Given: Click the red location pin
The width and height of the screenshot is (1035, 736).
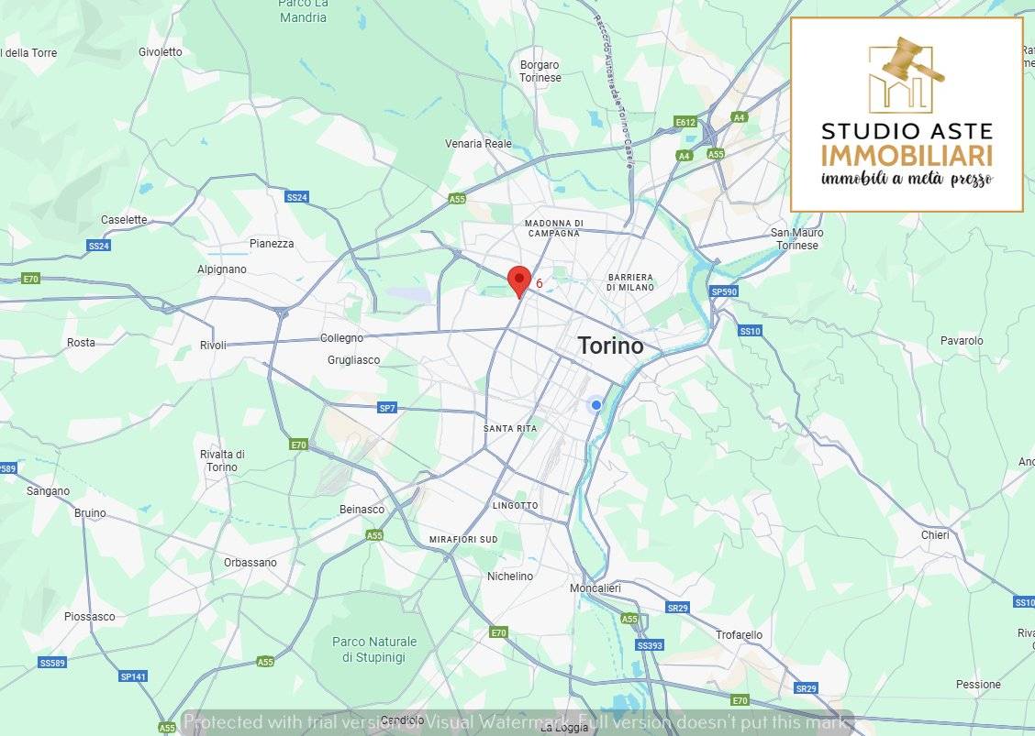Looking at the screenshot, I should pos(519,280).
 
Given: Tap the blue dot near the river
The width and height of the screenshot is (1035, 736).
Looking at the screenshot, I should pos(596,405).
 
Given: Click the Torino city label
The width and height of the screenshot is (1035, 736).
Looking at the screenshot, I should pos(610,346).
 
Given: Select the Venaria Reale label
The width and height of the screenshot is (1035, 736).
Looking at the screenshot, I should pos(478,144).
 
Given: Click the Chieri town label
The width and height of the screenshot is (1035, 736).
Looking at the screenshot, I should pos(935,535).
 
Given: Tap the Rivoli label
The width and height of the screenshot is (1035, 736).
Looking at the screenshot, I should pos(213,346).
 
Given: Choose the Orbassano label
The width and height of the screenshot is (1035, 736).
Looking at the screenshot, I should pos(250,563).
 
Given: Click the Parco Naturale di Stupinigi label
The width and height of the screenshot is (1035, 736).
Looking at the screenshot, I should pos(374,650).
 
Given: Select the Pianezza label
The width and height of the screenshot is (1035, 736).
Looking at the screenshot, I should pos(272,244).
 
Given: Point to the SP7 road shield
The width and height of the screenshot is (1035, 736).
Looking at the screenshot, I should pos(387,408).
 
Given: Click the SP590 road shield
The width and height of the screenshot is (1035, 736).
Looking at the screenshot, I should pos(724,291).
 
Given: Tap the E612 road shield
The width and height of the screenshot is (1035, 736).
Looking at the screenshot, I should pos(684,122).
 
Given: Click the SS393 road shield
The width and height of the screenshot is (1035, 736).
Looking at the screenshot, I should pos(650,645).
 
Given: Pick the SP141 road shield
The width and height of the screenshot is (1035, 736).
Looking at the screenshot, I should pos(133,676).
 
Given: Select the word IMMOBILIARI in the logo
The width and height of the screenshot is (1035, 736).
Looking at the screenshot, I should pos(907,156).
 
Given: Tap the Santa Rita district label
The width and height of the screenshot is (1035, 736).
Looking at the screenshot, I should pos(510,428).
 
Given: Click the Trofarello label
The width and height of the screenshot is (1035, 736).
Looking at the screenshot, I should pos(739,635).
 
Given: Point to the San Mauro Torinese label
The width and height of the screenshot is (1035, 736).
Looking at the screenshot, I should pos(796,239).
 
